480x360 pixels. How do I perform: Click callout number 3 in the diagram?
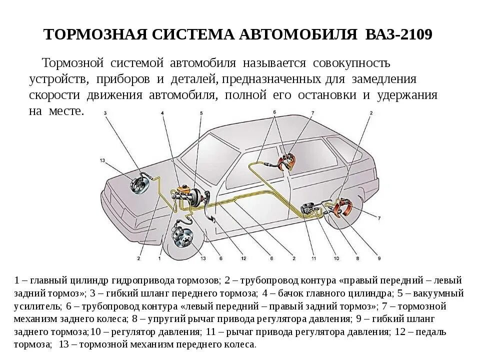click(x=105, y=114)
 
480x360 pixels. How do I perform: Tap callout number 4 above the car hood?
click(x=162, y=114)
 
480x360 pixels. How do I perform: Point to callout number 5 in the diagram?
click(x=201, y=114)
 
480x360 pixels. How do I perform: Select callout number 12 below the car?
click(x=243, y=258)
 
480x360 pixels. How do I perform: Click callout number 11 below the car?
click(x=313, y=258)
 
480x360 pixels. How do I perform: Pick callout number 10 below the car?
click(x=336, y=258)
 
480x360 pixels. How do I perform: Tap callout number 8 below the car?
click(x=357, y=258)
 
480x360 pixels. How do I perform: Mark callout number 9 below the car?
click(x=379, y=258)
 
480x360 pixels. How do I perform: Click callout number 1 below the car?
click(x=159, y=258)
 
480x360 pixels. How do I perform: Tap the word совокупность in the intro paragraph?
click(x=351, y=63)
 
